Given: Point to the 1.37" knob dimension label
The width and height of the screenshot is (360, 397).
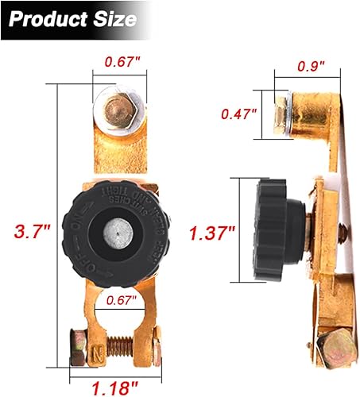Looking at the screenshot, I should pos(211,233).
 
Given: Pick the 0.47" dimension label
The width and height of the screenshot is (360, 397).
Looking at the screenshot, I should pos(238,113).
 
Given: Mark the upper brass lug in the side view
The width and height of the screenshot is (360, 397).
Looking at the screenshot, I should pos(310,115).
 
